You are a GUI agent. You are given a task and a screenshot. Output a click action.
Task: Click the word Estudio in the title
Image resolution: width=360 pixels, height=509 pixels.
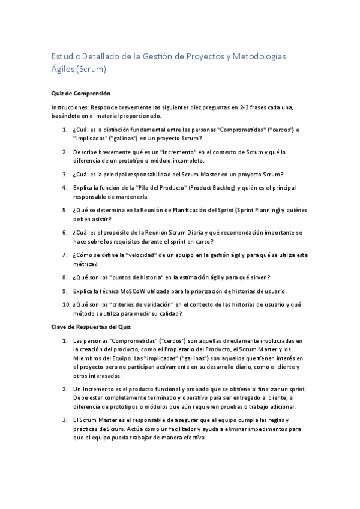coord(65,56)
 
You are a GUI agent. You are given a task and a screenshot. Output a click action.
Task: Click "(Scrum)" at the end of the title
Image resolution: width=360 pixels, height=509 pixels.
coord(91,69)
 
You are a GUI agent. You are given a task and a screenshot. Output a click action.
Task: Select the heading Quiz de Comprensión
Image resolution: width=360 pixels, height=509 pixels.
coord(80,94)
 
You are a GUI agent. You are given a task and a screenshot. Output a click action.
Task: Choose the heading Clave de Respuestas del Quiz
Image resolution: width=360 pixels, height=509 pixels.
coord(91,327)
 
